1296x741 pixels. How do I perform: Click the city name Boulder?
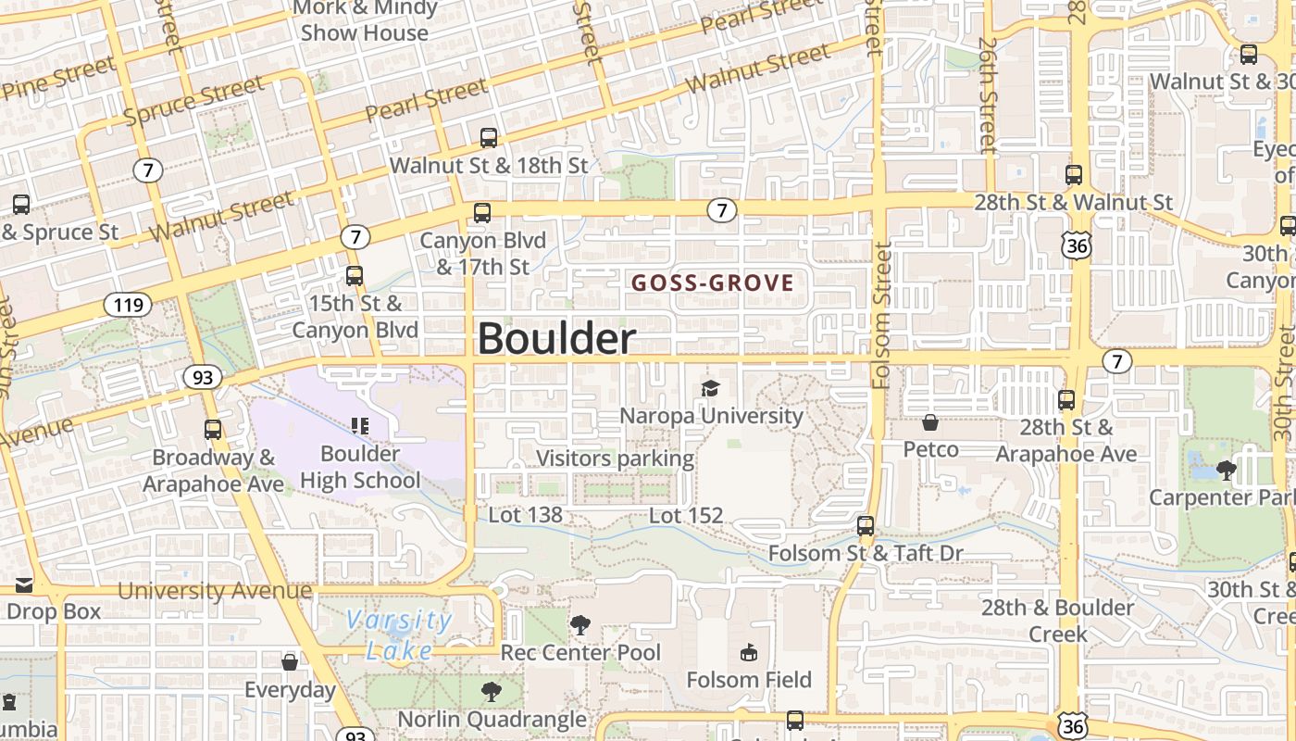coord(556,339)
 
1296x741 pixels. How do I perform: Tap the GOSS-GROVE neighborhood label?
coord(713,283)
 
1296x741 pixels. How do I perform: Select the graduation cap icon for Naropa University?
coord(710,388)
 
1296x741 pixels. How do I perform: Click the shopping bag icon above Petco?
coord(930,422)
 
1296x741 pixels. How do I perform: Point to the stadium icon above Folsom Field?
coord(749,653)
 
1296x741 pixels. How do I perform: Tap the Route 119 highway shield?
coord(127,304)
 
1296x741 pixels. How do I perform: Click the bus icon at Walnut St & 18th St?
coord(488,138)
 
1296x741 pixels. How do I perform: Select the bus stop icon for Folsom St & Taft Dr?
coord(866,526)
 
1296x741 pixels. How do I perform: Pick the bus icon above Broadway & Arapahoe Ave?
coord(213,429)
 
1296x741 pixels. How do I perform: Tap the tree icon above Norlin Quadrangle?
coord(491,691)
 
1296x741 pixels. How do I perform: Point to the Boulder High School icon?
coord(360,426)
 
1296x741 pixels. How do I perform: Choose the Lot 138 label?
coord(525,515)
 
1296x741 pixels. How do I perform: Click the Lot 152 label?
coord(686,516)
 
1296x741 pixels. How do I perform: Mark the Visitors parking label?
coord(615,458)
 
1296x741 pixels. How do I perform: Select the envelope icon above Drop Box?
coord(23,585)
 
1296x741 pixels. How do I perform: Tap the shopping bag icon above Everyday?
coord(290,661)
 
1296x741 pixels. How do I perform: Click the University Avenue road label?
coord(215,591)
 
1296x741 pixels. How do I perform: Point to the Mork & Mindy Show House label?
coord(365,20)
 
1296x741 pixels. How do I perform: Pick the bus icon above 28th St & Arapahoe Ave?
coord(1066,400)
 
